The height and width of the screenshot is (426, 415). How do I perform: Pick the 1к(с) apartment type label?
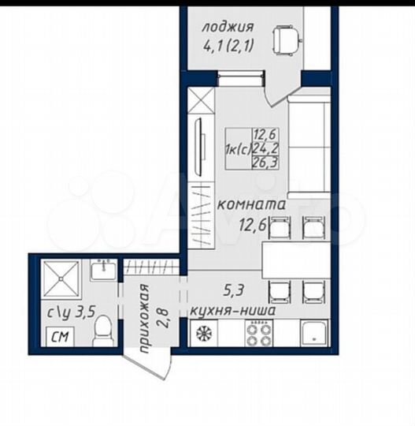coord(237,148)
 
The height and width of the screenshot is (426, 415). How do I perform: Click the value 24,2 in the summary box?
coord(264,148)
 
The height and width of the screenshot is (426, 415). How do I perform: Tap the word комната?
coord(250,207)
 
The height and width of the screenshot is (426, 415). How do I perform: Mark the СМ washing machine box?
coord(59,339)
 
